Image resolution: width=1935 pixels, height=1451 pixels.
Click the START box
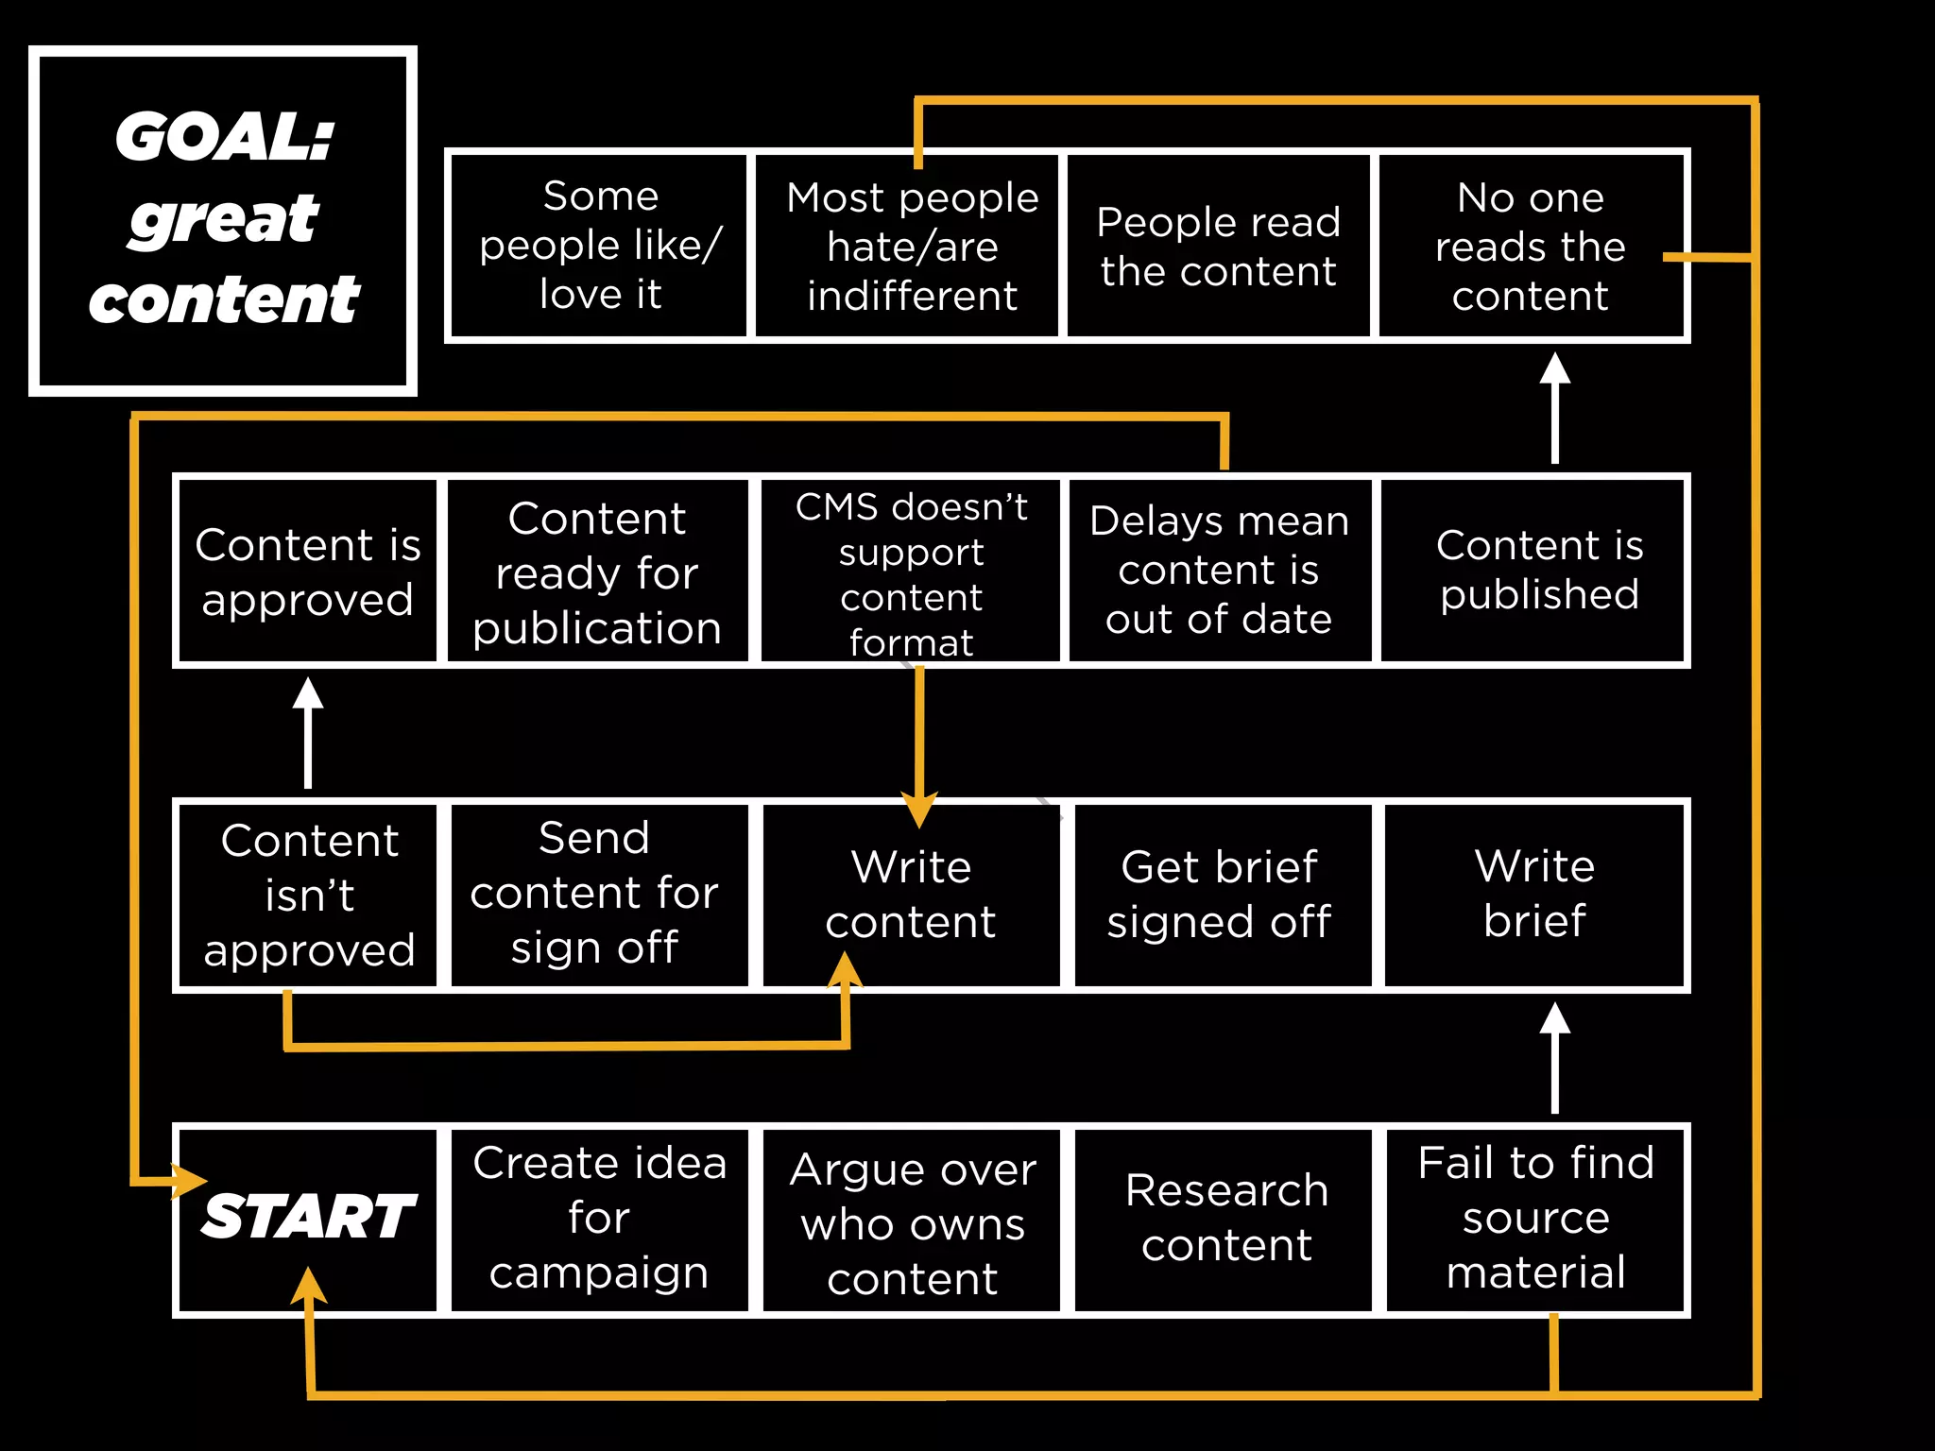click(308, 1219)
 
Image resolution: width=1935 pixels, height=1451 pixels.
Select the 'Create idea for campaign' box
click(600, 1219)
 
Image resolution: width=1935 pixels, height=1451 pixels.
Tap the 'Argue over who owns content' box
click(912, 1222)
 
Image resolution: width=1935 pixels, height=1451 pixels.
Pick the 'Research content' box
click(1225, 1219)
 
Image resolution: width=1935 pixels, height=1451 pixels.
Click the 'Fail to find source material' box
click(1535, 1219)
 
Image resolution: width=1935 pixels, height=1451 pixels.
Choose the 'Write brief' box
click(1534, 894)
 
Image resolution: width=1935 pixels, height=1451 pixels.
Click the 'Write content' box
click(911, 894)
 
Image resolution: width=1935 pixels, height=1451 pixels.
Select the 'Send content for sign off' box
click(595, 894)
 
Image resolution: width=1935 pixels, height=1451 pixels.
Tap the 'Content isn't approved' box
click(309, 894)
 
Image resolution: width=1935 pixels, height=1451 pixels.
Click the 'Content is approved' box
click(308, 572)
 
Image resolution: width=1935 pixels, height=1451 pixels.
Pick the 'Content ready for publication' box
click(597, 572)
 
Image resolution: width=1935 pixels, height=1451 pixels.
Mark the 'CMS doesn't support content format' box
click(911, 572)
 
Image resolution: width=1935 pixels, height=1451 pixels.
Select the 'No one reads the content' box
click(1530, 246)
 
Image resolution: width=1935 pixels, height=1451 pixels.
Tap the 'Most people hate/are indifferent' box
click(912, 246)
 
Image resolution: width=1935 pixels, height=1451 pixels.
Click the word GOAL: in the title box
click(225, 137)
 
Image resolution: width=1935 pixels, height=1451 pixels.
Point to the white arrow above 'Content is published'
click(1555, 407)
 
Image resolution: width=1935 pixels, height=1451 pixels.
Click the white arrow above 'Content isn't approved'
click(308, 733)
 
